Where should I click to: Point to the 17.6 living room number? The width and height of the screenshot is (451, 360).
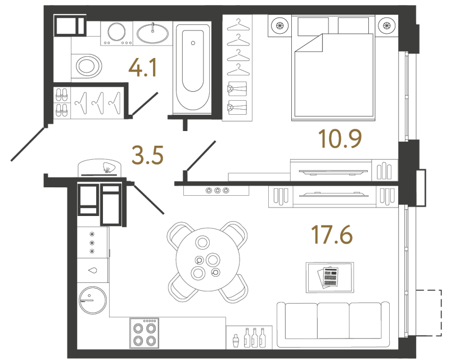[332, 233]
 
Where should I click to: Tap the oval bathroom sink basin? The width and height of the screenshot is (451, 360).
[152, 33]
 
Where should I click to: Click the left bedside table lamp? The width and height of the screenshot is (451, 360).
[279, 25]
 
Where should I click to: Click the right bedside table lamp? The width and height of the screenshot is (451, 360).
[386, 25]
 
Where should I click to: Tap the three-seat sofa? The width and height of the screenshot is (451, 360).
[333, 321]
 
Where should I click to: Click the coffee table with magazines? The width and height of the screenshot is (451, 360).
[330, 277]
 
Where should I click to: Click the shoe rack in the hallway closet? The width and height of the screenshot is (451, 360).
[62, 102]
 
